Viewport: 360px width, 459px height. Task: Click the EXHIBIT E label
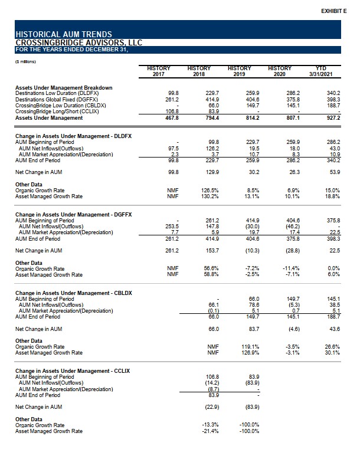pyautogui.click(x=333, y=11)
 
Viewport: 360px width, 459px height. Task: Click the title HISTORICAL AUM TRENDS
pyautogui.click(x=64, y=34)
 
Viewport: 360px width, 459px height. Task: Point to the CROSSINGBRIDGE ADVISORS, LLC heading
pyautogui.click(x=79, y=42)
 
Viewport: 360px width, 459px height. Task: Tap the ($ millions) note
pyautogui.click(x=25, y=62)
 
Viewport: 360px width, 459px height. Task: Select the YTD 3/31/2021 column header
pyautogui.click(x=320, y=71)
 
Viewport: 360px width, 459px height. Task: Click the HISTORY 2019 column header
pyautogui.click(x=240, y=71)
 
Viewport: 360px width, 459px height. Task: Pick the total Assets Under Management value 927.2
pyautogui.click(x=333, y=118)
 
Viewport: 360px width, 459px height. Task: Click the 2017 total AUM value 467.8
pyautogui.click(x=172, y=118)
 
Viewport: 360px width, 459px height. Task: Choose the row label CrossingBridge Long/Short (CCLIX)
pyautogui.click(x=57, y=112)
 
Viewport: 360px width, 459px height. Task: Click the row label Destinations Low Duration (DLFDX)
pyautogui.click(x=57, y=93)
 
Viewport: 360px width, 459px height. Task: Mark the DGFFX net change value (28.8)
pyautogui.click(x=293, y=251)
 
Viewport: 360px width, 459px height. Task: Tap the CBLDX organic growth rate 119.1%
pyautogui.click(x=250, y=347)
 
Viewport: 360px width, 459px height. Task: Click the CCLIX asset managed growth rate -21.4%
pyautogui.click(x=210, y=431)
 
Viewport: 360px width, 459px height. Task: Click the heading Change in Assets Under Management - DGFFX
pyautogui.click(x=74, y=215)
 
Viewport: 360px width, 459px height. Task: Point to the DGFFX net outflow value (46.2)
pyautogui.click(x=293, y=227)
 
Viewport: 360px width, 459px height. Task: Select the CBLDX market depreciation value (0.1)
pyautogui.click(x=214, y=311)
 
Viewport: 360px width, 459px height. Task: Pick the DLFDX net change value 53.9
pyautogui.click(x=335, y=172)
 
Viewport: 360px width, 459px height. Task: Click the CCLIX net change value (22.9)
pyautogui.click(x=212, y=407)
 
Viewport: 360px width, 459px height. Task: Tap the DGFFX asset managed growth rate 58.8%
pyautogui.click(x=211, y=275)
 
